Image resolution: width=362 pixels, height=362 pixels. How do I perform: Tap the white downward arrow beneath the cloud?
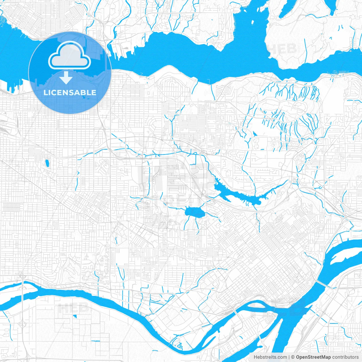tap(66, 77)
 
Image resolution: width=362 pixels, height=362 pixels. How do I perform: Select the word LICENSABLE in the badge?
tap(70, 92)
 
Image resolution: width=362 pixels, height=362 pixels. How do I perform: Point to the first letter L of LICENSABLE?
tap(45, 92)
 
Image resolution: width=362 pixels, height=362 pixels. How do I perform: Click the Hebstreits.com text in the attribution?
tap(270, 357)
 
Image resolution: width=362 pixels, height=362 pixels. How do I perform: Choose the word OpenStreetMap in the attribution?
tap(313, 357)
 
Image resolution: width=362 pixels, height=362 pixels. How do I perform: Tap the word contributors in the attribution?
tap(345, 357)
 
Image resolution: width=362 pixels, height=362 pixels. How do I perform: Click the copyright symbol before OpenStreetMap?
tap(293, 357)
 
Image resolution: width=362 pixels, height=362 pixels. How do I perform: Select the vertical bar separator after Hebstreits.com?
tap(289, 357)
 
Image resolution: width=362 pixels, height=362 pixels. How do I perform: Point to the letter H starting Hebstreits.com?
tap(255, 357)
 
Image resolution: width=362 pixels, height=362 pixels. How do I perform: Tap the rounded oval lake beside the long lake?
tap(195, 213)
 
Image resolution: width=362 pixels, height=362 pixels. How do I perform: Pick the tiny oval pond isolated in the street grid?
tap(46, 163)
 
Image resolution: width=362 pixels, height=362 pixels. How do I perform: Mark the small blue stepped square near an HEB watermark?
tap(75, 316)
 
